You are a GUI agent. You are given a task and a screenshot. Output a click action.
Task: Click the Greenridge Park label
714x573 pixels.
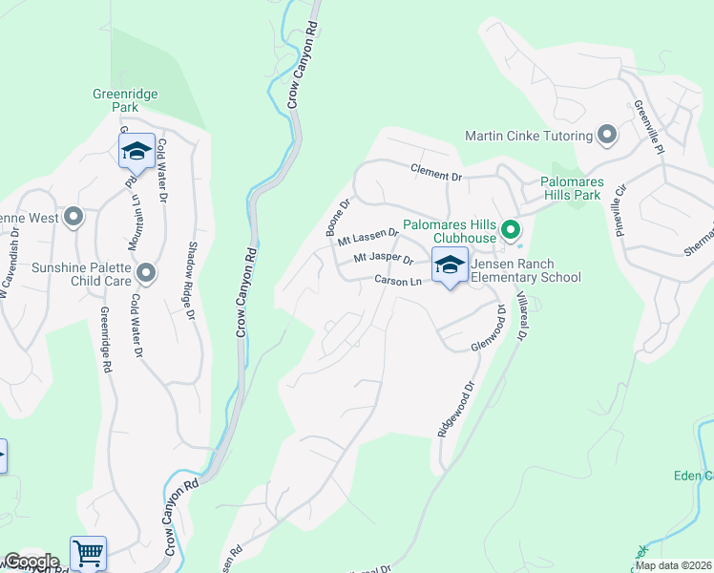coord(125,100)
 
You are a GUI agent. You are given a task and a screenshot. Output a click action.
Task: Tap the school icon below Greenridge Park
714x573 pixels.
coord(136,151)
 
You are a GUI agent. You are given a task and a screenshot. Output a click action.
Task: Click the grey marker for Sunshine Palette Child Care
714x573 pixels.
coord(146,274)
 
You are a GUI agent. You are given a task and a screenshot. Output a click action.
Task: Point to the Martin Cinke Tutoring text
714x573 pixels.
coord(528,136)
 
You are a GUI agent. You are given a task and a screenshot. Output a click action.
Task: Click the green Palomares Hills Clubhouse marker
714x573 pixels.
coord(511,230)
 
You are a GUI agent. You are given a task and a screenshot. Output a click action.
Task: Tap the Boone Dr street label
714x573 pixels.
coord(339,217)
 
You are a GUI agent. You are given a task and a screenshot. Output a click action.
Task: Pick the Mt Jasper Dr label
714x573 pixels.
coord(383,260)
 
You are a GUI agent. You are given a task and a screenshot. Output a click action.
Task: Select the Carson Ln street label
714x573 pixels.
coord(397,282)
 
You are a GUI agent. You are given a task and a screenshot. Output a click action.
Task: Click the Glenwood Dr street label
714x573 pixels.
coord(487,335)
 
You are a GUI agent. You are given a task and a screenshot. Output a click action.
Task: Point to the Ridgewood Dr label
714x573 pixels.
coord(455,411)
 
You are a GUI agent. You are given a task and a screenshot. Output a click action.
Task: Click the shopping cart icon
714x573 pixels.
coord(88,552)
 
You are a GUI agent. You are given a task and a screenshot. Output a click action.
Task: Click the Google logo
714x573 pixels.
coord(31,562)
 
